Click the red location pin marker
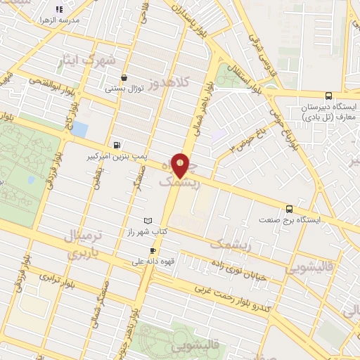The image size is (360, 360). (181, 165)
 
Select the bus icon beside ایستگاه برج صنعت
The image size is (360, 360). (289, 208)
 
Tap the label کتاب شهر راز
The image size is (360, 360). (146, 231)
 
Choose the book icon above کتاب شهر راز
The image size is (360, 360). (147, 221)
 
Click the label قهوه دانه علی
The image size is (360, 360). (152, 262)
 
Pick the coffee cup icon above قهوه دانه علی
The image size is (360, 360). (153, 250)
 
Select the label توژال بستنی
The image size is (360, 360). (124, 89)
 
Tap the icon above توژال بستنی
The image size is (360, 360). (124, 78)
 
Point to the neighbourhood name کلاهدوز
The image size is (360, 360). (185, 83)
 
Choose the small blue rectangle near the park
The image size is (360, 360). (79, 130)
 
